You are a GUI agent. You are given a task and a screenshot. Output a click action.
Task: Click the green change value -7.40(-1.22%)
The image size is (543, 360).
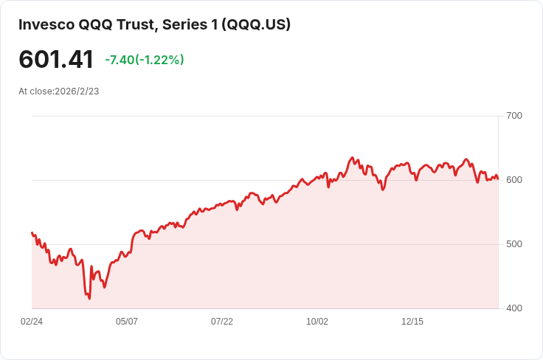(145, 60)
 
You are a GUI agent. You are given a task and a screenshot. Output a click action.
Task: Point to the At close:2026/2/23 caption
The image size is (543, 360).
(59, 91)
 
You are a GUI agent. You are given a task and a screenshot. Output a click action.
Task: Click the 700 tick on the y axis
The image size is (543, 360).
(514, 116)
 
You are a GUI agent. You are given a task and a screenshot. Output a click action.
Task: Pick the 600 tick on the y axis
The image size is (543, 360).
(514, 180)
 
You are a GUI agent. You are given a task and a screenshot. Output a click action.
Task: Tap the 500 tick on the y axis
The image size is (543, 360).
(514, 244)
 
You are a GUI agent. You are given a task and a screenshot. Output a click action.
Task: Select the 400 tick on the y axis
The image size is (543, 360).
(514, 308)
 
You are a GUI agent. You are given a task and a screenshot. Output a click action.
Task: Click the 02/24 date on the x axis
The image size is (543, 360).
(32, 322)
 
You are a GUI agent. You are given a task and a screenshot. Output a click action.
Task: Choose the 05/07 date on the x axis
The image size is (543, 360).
(127, 322)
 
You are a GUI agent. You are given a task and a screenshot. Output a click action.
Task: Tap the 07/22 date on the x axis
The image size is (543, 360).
(222, 322)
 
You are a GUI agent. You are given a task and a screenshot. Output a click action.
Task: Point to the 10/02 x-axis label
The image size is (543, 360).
(317, 322)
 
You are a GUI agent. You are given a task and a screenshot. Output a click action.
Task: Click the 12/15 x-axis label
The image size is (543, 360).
(412, 322)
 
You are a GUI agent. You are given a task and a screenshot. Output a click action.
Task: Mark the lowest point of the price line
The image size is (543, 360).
(89, 298)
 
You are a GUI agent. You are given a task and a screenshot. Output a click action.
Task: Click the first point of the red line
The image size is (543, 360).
(32, 232)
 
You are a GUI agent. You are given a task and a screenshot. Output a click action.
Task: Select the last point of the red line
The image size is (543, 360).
(498, 179)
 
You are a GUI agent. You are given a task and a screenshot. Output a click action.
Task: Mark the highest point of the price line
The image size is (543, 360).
(352, 158)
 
